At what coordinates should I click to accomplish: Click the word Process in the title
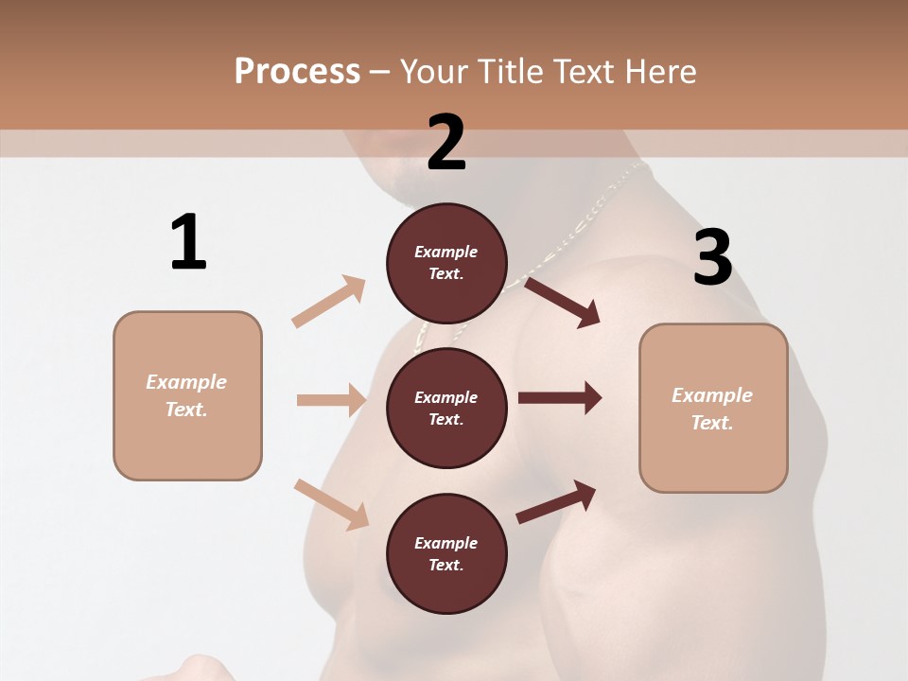(x=297, y=71)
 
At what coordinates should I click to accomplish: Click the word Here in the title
(x=656, y=71)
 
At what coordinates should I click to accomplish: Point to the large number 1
(x=188, y=243)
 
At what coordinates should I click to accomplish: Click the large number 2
(x=446, y=143)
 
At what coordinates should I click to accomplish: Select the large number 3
(x=712, y=258)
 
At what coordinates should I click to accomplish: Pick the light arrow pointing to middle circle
(x=331, y=400)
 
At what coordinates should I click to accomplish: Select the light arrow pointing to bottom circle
(x=332, y=503)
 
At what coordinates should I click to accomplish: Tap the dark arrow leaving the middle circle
(x=560, y=398)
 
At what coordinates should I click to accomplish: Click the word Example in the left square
(x=186, y=382)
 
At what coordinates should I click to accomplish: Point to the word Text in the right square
(x=712, y=423)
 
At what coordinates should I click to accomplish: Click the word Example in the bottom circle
(x=446, y=543)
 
